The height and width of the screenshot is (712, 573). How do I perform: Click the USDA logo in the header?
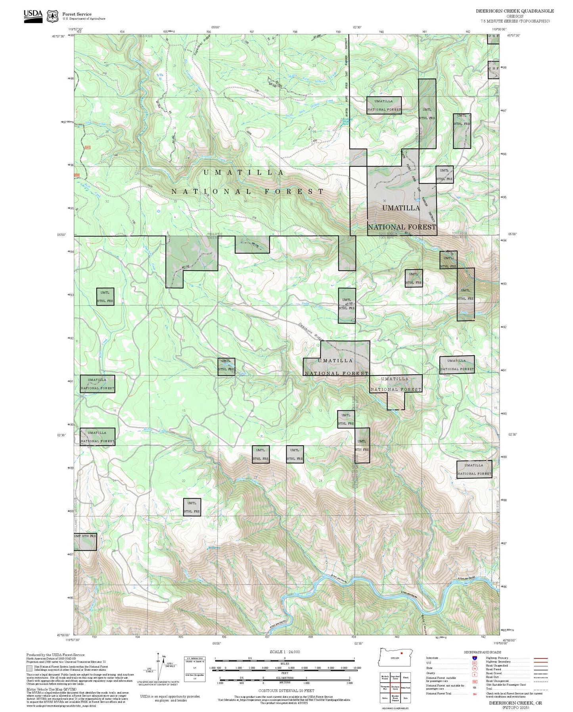click(33, 15)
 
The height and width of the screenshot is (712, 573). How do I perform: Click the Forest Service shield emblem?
click(52, 16)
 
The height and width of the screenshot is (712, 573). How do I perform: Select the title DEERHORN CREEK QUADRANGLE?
click(515, 11)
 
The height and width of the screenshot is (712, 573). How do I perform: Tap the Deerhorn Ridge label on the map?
click(311, 331)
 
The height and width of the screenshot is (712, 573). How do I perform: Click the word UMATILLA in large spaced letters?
click(243, 173)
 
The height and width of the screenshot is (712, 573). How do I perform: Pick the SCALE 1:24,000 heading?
click(284, 652)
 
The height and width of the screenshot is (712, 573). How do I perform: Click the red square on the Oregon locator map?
click(402, 652)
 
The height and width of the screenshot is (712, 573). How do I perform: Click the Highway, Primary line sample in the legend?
click(541, 658)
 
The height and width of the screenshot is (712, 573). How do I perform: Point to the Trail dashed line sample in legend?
click(541, 689)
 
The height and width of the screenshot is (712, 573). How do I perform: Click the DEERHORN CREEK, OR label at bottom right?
click(515, 702)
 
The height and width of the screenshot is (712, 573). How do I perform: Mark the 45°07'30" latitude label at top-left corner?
click(58, 36)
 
